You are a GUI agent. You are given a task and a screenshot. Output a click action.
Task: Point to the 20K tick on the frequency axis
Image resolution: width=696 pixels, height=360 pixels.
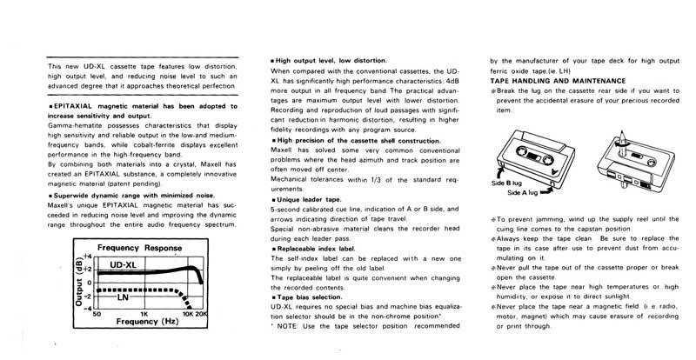click(202, 312)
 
